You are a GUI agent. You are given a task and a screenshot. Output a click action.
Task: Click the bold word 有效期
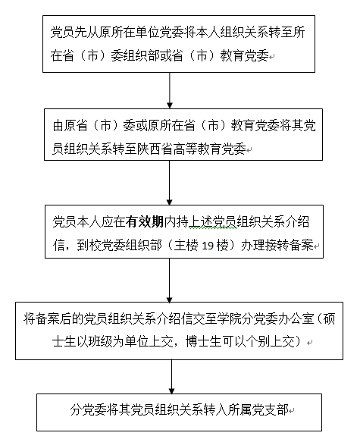click(145, 222)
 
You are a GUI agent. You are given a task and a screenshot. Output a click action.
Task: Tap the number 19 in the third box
click(208, 246)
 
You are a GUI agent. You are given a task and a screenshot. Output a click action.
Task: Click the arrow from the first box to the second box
click(169, 90)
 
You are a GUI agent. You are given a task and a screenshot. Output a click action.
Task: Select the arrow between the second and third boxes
click(169, 183)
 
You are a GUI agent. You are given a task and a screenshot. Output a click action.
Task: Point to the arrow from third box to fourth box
click(169, 281)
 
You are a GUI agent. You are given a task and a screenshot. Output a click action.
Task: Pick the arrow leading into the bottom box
click(171, 377)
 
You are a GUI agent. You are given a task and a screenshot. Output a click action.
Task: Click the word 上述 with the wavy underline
click(201, 222)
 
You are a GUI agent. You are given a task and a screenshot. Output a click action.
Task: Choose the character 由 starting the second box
click(58, 125)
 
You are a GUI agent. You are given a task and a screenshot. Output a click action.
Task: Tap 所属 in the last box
click(240, 409)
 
